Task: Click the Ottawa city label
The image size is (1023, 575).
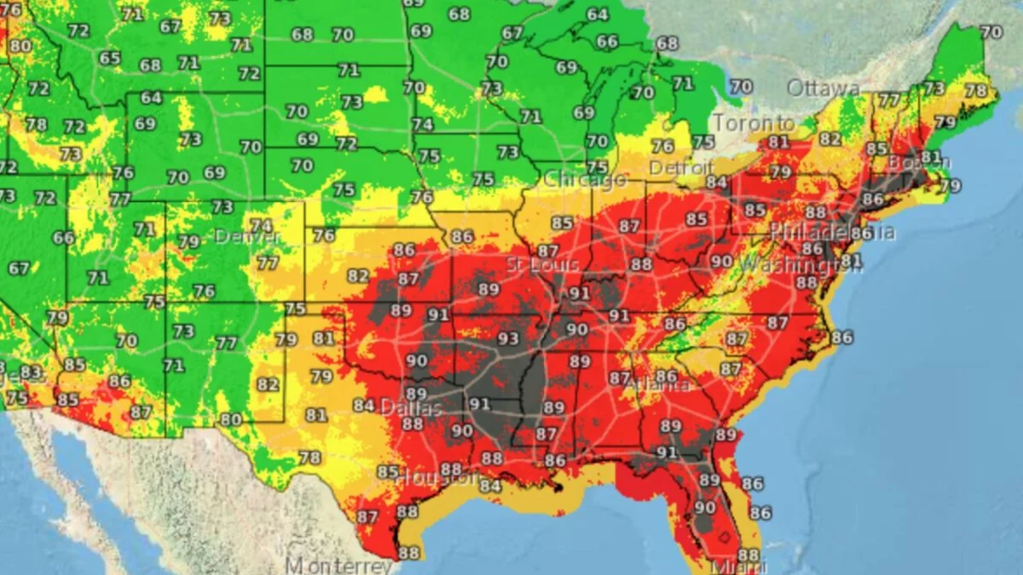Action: [x=823, y=89]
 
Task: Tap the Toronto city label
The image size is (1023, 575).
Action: [x=754, y=124]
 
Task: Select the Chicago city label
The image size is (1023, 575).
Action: [x=585, y=180]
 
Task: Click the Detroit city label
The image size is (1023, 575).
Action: [x=680, y=168]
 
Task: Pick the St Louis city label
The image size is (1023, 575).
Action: [x=536, y=264]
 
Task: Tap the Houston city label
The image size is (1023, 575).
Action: [x=436, y=478]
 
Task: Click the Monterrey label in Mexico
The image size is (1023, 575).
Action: [x=339, y=565]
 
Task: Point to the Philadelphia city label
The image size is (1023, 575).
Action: [x=832, y=233]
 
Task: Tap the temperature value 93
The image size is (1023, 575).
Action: [x=508, y=339]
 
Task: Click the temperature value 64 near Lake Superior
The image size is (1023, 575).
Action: [x=597, y=14]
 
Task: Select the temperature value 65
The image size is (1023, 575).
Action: [x=109, y=58]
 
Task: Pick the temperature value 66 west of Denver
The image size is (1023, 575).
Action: [x=63, y=238]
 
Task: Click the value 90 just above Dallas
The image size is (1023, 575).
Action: [x=417, y=360]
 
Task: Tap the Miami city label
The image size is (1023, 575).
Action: [x=740, y=566]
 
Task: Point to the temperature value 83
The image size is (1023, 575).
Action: [x=31, y=372]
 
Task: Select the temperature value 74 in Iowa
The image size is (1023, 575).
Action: [x=422, y=124]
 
